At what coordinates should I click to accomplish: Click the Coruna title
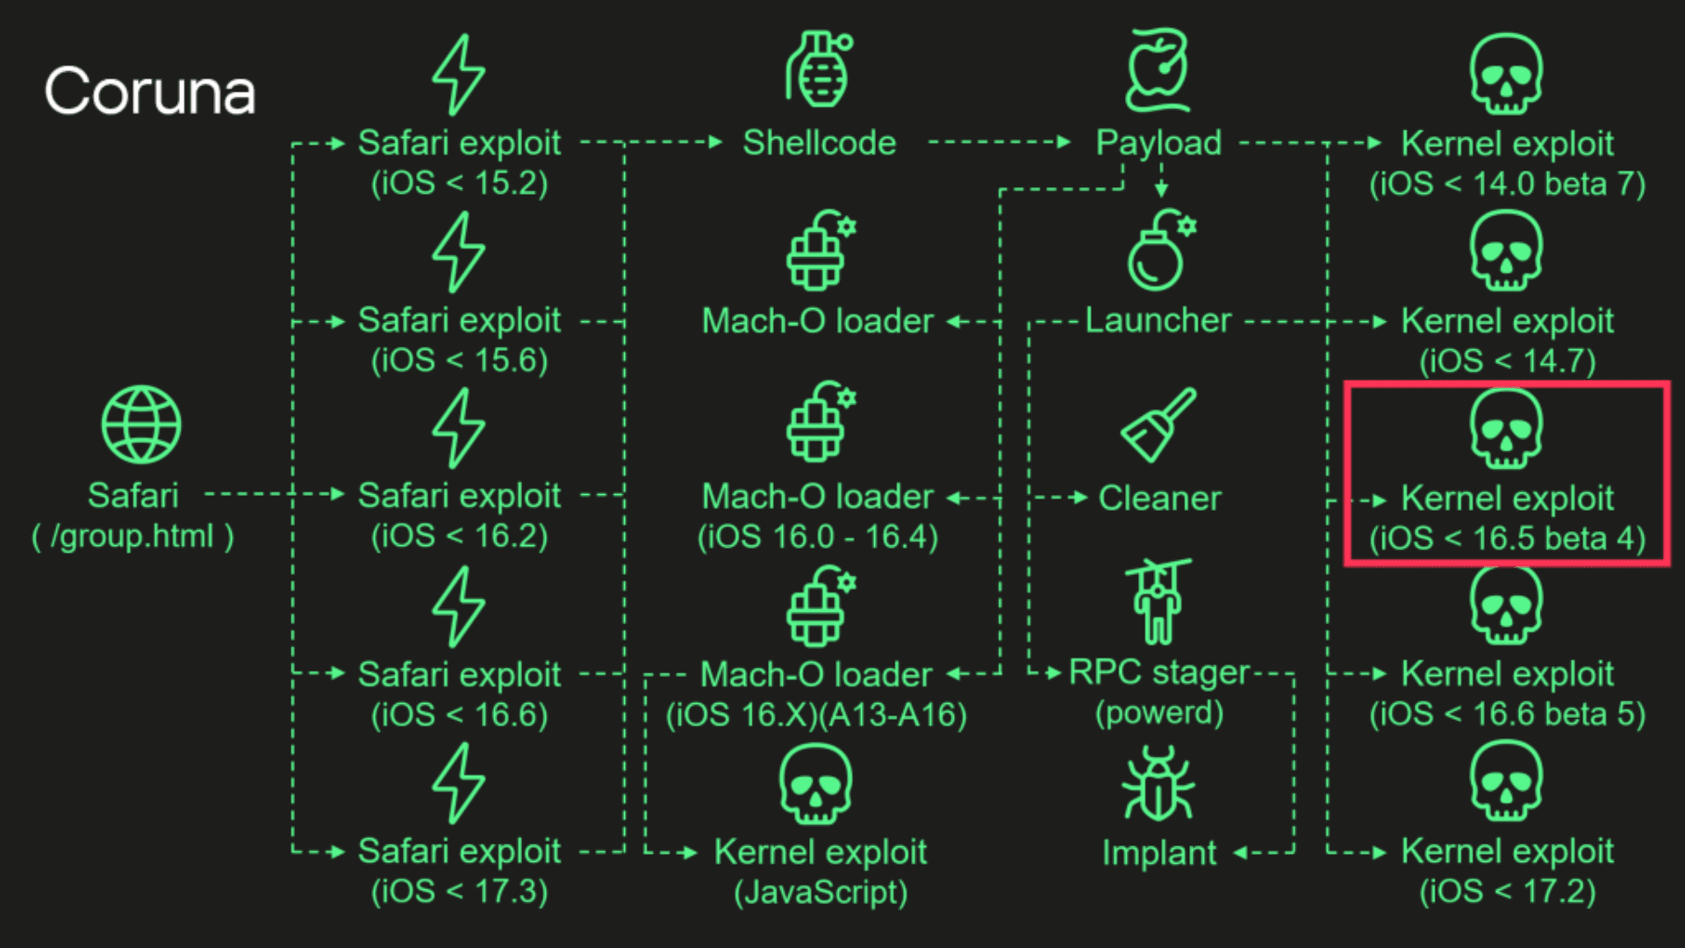point(150,91)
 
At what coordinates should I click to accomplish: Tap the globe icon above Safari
point(141,425)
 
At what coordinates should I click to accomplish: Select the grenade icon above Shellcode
point(819,70)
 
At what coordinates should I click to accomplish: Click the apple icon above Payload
point(1158,70)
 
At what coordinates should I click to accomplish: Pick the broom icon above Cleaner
point(1158,425)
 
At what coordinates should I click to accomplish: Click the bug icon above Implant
point(1158,784)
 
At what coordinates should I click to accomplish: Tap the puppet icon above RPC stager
point(1158,601)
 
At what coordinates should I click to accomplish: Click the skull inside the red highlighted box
point(1506,428)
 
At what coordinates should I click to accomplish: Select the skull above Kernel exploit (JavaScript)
point(815,784)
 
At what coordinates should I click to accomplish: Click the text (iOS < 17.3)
point(459,892)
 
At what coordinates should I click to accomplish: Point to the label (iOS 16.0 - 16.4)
point(818,536)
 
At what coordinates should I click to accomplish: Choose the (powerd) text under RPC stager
point(1159,713)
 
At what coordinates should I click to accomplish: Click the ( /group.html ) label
point(133,535)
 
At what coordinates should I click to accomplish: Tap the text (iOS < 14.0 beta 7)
point(1507,184)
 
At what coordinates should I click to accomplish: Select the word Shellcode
point(819,143)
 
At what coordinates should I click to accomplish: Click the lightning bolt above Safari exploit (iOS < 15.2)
point(458,75)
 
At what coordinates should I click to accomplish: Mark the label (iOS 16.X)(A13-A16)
point(816,715)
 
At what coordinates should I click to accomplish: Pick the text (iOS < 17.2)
point(1507,892)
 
